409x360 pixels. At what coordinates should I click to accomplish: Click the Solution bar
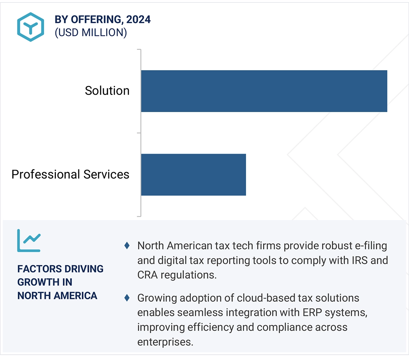coord(264,91)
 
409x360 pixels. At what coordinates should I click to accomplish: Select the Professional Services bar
coord(193,175)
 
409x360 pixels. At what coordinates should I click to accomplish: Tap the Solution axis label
coord(107,91)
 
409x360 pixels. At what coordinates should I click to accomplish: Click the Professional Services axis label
coord(70,174)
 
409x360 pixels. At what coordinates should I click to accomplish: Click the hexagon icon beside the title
coord(30,27)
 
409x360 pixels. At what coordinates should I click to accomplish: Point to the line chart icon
coord(29,241)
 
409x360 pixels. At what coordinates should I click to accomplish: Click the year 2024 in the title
coord(139,20)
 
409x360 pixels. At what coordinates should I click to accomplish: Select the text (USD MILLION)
coord(91,32)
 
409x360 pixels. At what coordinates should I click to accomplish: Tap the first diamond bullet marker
coord(127,246)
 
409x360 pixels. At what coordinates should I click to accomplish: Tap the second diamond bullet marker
coord(127,298)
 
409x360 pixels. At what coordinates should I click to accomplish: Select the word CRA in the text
coord(147,275)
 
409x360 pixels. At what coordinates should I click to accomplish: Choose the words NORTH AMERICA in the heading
coord(57,295)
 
